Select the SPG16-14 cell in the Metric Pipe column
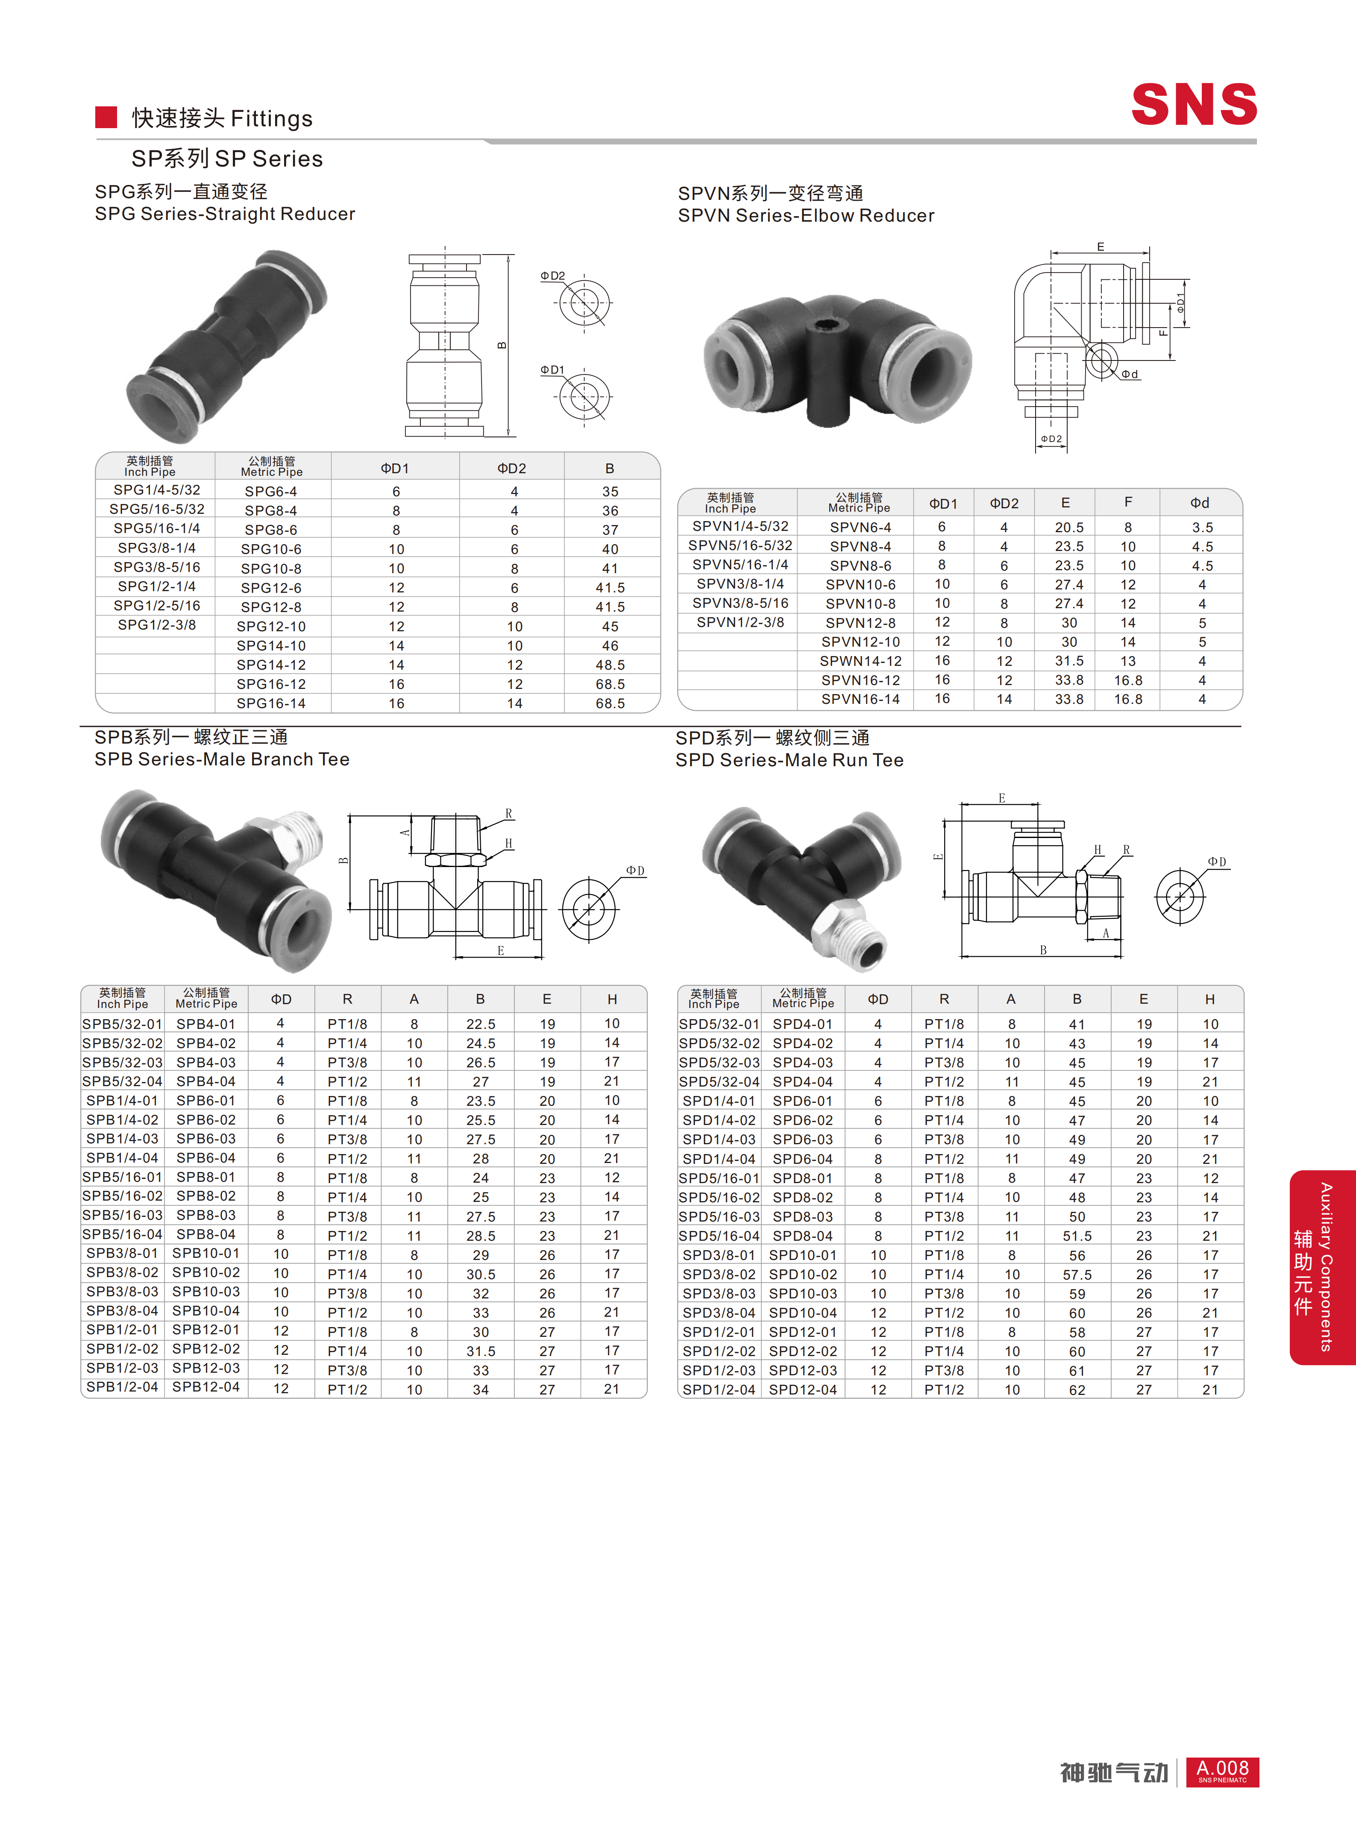tap(271, 703)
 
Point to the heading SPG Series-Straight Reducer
tap(225, 214)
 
